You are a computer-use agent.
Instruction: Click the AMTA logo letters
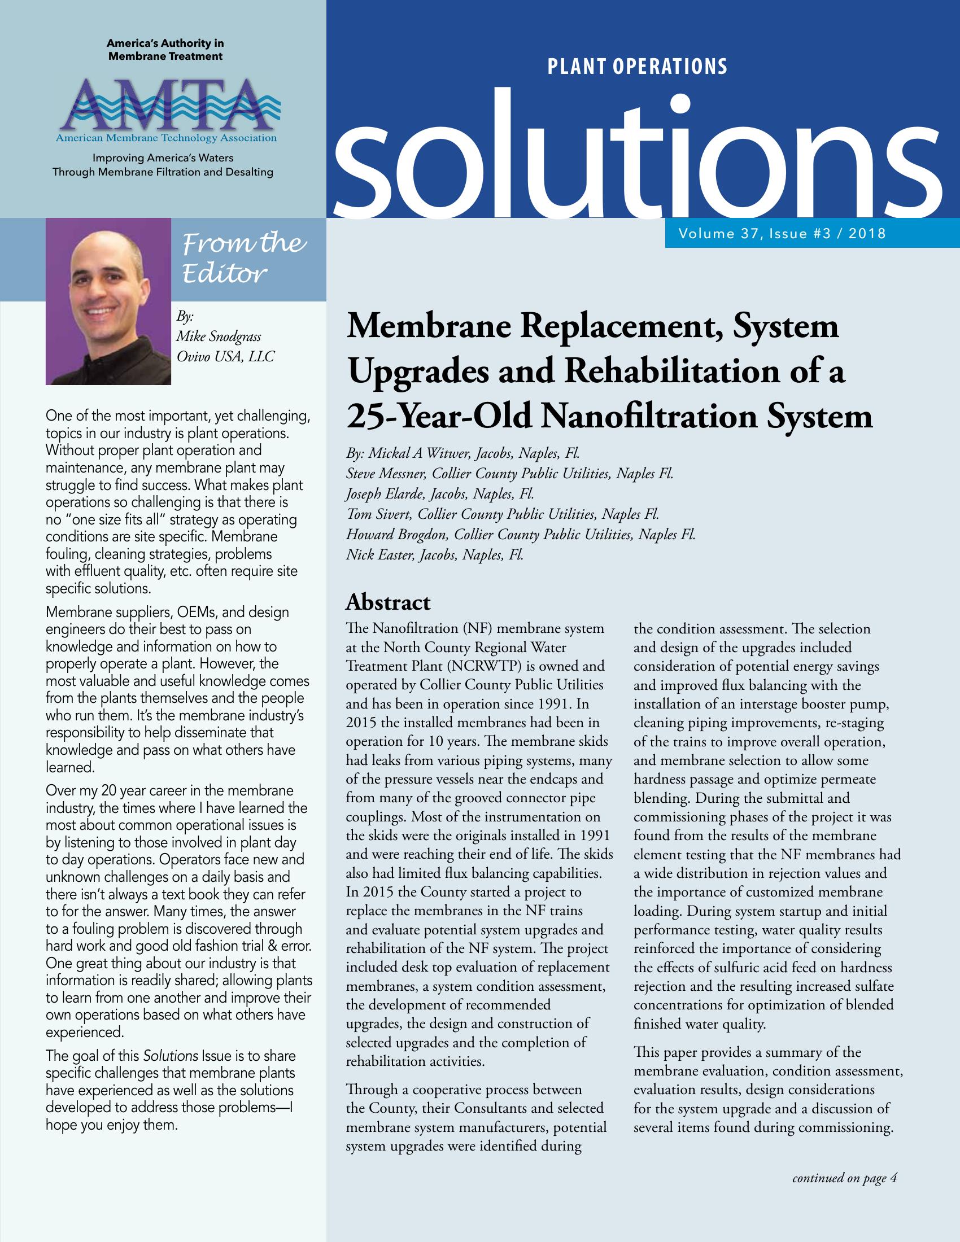tap(165, 104)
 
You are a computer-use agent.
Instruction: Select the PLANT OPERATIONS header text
tap(637, 67)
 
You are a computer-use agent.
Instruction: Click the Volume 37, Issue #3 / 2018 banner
tap(782, 233)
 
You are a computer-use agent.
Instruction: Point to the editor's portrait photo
tap(108, 301)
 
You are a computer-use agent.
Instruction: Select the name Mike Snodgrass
tap(219, 336)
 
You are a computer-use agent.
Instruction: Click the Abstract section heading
tap(389, 602)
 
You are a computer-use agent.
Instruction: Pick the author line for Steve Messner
tap(509, 474)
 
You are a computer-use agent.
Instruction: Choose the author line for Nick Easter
tap(434, 554)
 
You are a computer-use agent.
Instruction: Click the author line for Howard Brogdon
tap(521, 535)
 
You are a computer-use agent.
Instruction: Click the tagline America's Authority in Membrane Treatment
tap(165, 50)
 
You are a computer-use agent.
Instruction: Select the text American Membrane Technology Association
tap(166, 138)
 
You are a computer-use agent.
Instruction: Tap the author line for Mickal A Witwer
tap(463, 454)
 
